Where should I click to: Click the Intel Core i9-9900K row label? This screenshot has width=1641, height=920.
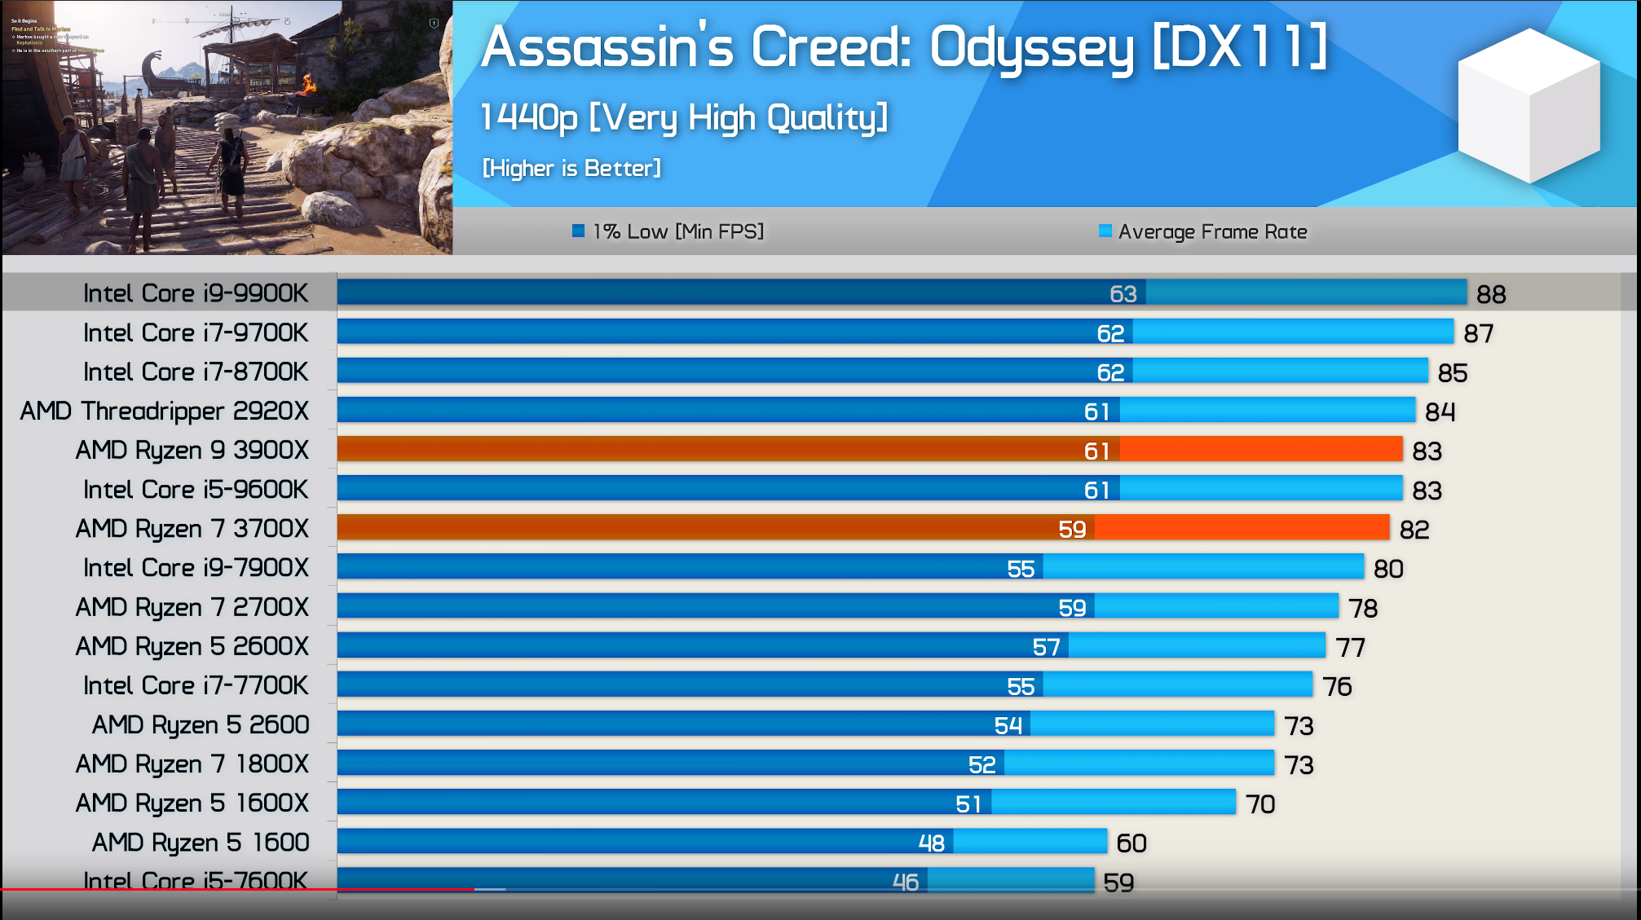(x=196, y=293)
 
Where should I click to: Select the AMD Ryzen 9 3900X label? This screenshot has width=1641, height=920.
(x=192, y=451)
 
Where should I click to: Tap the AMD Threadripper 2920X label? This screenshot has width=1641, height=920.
(x=165, y=412)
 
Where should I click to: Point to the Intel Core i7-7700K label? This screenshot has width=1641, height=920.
(x=196, y=686)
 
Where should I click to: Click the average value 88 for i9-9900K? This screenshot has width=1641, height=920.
(x=1491, y=294)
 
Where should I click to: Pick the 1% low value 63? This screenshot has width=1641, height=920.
(x=1123, y=294)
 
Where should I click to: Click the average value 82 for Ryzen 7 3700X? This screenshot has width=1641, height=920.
(x=1414, y=530)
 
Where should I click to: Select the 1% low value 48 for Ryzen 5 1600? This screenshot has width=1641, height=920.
(x=931, y=843)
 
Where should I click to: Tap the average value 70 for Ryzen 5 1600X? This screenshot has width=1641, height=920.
(x=1260, y=804)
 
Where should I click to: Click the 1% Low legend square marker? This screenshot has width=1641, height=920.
(x=579, y=231)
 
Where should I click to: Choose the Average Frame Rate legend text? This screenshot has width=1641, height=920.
(x=1212, y=232)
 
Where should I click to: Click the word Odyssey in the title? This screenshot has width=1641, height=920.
(x=1031, y=49)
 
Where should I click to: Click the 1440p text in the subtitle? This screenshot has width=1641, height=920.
(x=529, y=118)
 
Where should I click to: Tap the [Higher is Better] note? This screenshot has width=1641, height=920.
(x=571, y=169)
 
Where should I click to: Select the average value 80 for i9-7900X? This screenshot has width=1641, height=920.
(x=1388, y=569)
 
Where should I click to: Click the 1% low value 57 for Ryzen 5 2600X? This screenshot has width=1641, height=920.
(x=1046, y=648)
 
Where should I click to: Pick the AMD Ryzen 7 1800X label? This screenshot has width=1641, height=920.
(x=192, y=764)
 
